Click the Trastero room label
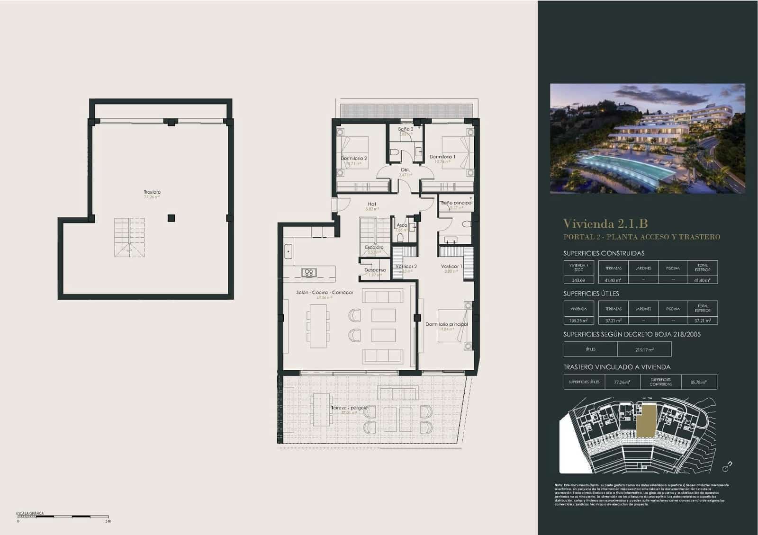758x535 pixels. [x=152, y=192]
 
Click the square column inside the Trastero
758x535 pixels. [x=171, y=218]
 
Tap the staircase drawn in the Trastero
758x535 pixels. [x=129, y=237]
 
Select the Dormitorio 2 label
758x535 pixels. [x=354, y=159]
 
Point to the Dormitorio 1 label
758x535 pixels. [x=442, y=157]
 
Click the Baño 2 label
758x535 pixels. [x=406, y=129]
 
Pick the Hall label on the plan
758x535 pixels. [x=372, y=205]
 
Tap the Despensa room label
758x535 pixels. [x=375, y=270]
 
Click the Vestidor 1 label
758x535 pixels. [x=451, y=267]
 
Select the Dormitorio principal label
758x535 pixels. [x=446, y=324]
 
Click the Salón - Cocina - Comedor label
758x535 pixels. [x=325, y=293]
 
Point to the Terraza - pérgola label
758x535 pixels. [x=349, y=408]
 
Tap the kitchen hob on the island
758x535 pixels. [x=309, y=272]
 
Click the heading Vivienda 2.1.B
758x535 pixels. [x=605, y=223]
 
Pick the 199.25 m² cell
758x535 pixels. [x=578, y=321]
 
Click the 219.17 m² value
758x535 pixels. [x=644, y=350]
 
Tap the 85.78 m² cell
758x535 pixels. [x=699, y=382]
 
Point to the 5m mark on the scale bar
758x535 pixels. [x=108, y=521]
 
